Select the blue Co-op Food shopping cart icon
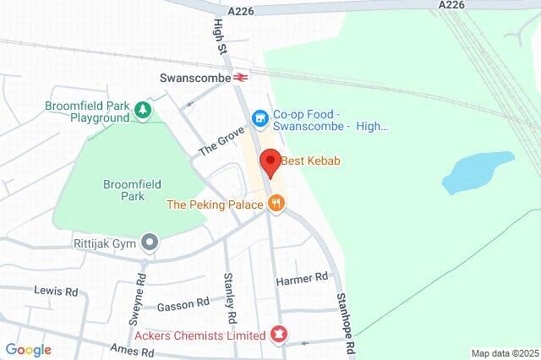click(260, 117)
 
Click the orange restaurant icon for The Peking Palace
click(276, 204)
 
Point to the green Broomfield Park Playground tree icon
click(144, 109)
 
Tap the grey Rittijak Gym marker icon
click(150, 243)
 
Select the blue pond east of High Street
click(478, 171)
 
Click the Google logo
click(28, 350)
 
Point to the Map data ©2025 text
click(504, 353)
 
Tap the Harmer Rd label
click(302, 278)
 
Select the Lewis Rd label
click(56, 291)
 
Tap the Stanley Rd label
click(228, 297)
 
